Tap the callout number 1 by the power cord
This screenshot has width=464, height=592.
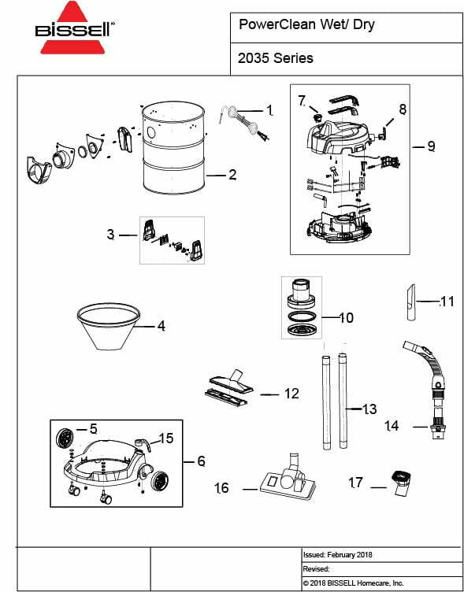tap(269, 109)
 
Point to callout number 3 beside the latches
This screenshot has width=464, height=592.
tap(111, 235)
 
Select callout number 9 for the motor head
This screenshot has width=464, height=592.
tap(431, 146)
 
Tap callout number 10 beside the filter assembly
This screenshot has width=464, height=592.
tap(346, 318)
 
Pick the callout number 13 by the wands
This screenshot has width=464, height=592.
tap(369, 409)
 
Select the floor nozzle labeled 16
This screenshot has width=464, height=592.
tap(286, 479)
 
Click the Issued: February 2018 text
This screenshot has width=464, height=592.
tap(338, 554)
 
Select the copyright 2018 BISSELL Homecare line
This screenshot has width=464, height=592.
tap(353, 583)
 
